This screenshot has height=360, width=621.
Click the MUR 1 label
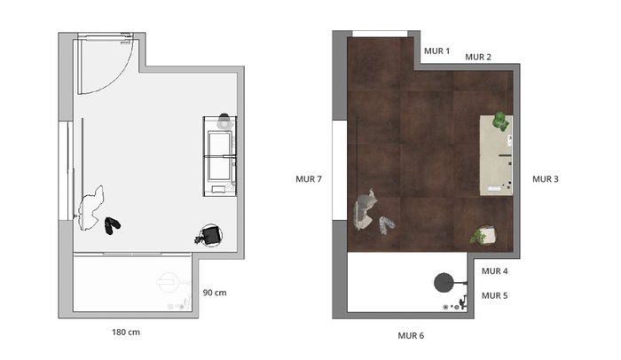[436, 51]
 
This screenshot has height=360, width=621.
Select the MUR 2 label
[478, 57]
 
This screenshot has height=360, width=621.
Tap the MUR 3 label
[546, 179]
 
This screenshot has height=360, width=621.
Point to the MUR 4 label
[495, 271]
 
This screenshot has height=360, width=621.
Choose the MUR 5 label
[495, 296]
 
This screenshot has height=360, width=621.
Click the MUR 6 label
[411, 336]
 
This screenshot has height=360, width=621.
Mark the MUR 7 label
[309, 179]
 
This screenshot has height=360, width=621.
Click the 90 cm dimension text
[215, 293]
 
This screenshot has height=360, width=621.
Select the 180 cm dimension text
[126, 333]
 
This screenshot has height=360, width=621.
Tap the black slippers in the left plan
[112, 225]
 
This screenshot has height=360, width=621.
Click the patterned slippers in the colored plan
[387, 224]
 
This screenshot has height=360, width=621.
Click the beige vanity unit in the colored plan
[496, 155]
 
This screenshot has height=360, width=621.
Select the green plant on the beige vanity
[500, 121]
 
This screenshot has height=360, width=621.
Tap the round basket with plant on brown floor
[484, 235]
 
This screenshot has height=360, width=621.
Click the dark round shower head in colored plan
[444, 282]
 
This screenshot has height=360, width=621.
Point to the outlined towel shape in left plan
[91, 208]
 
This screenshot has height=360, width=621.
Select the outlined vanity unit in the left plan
[220, 156]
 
